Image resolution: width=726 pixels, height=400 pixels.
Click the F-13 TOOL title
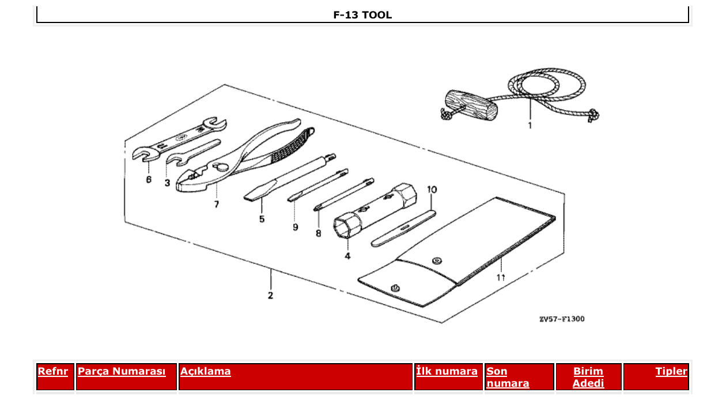pos(362,15)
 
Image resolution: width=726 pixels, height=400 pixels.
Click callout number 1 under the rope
pos(530,125)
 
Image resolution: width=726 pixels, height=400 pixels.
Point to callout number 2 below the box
pos(270,296)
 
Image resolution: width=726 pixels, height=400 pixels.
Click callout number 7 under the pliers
pos(217,204)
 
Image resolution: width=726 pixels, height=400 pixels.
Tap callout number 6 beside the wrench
pos(149,180)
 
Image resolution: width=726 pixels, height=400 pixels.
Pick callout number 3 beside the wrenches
pos(167,183)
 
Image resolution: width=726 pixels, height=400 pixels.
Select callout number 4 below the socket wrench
pos(347,255)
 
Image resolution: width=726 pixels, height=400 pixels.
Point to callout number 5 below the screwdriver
pos(262,219)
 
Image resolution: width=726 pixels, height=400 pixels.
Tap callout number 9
pos(295,227)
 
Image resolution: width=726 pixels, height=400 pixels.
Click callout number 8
pos(318,233)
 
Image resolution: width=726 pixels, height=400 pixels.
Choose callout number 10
pos(432,189)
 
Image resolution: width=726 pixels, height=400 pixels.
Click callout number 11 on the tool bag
pos(501,278)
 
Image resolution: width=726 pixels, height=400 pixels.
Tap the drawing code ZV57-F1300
pos(561,319)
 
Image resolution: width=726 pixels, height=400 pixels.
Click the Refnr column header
pos(52,372)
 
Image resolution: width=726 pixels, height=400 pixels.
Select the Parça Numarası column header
pos(122,372)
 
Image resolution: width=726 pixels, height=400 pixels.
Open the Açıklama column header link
pos(206,372)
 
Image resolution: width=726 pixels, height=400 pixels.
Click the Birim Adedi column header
pos(588,377)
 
